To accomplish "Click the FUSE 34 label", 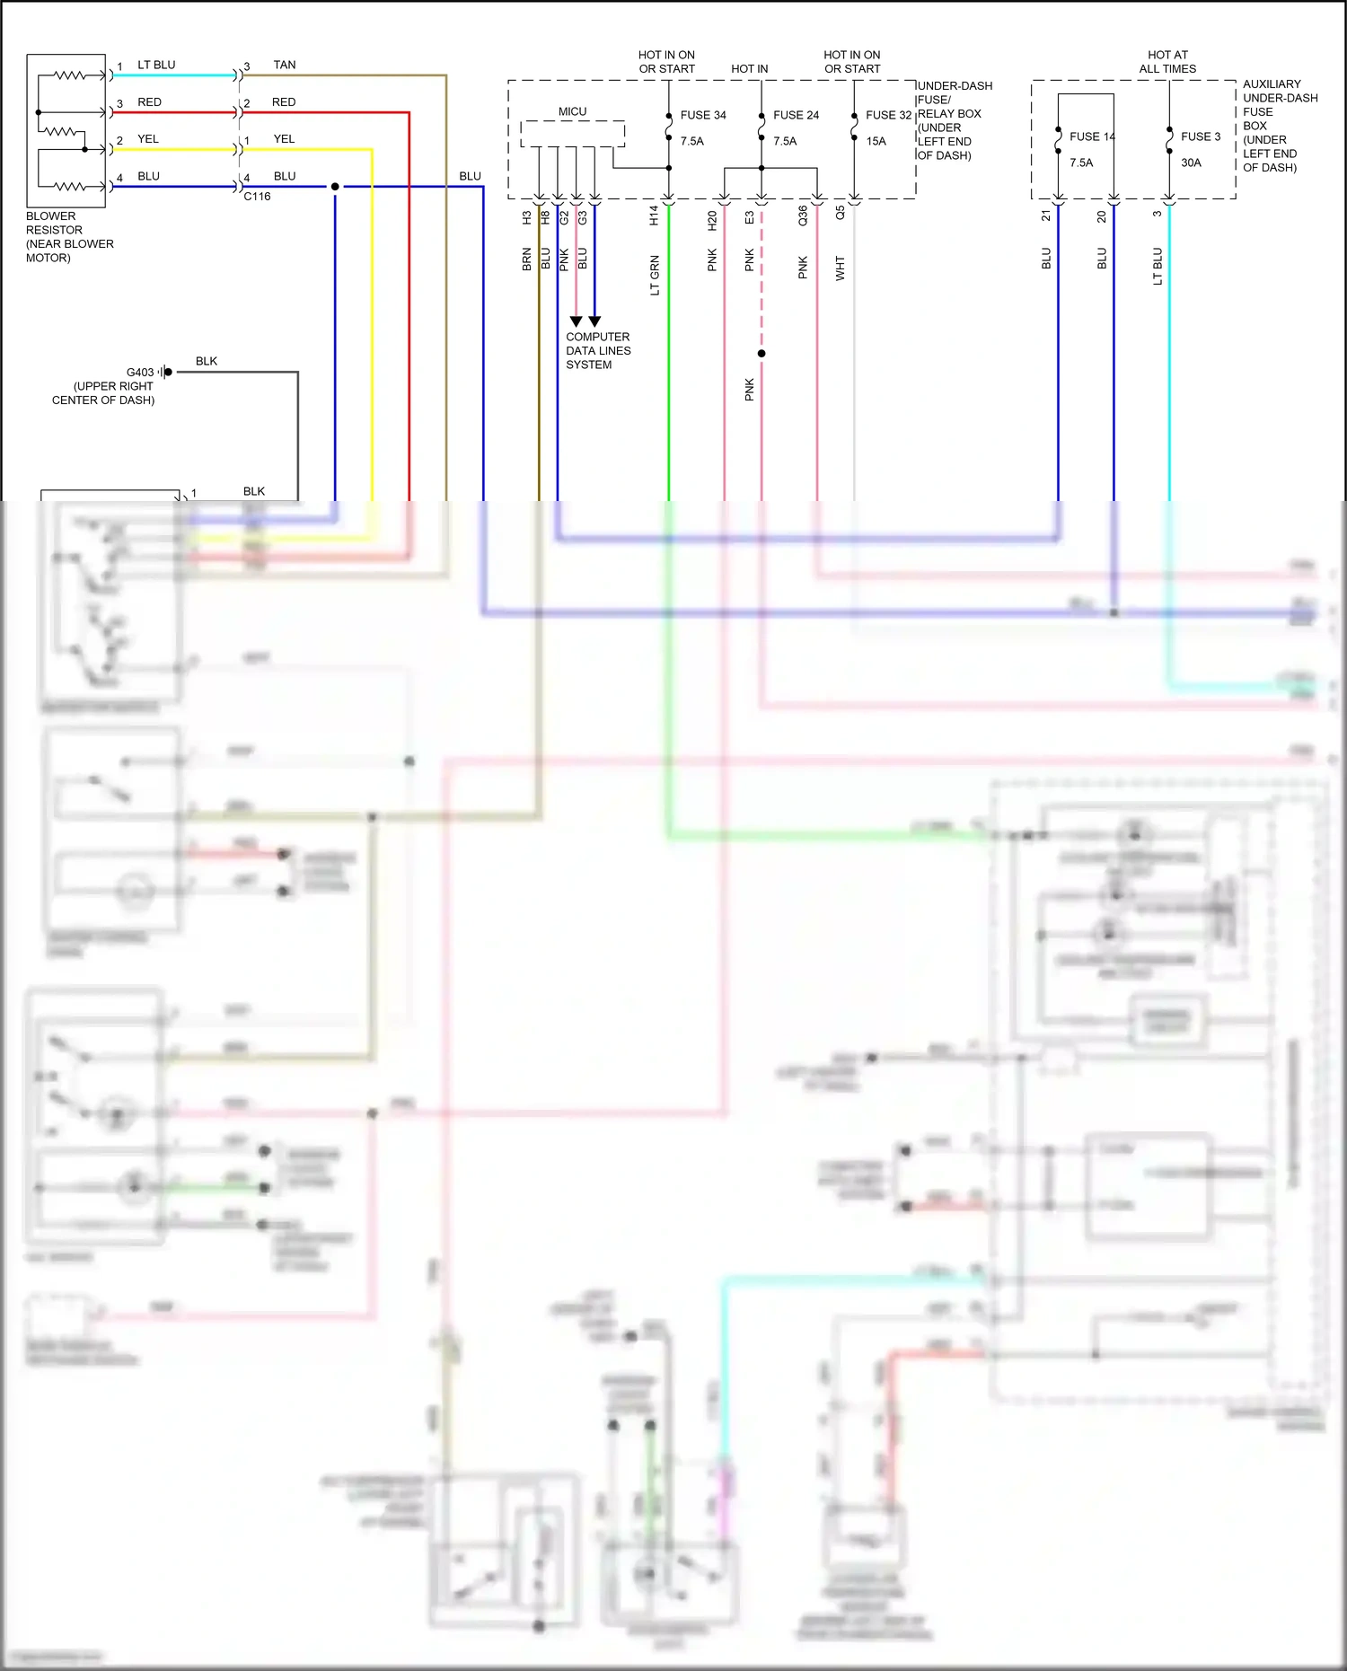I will coord(702,115).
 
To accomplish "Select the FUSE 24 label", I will coord(796,115).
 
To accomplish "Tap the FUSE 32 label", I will coord(888,115).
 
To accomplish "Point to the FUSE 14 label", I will coord(1091,136).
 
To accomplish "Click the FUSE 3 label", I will coord(1200,136).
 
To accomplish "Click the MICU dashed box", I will coord(572,134).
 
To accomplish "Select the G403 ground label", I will coord(140,372).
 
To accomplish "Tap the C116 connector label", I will coord(257,196).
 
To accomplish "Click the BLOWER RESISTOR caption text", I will coord(69,237).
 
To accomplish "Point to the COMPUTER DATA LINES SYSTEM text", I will coord(598,351).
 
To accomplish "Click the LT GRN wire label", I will coord(655,275).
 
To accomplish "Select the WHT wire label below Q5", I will coord(841,268).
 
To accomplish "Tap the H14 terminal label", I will coord(654,215).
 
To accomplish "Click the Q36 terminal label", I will coord(803,215).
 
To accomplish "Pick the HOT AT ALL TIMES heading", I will coord(1167,62).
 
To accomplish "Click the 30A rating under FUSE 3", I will coord(1191,163).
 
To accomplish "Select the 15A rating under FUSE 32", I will coord(876,141).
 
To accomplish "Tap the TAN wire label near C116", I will coord(285,65).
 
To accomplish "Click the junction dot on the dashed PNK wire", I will coord(762,354).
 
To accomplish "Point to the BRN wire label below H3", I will coord(527,259).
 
